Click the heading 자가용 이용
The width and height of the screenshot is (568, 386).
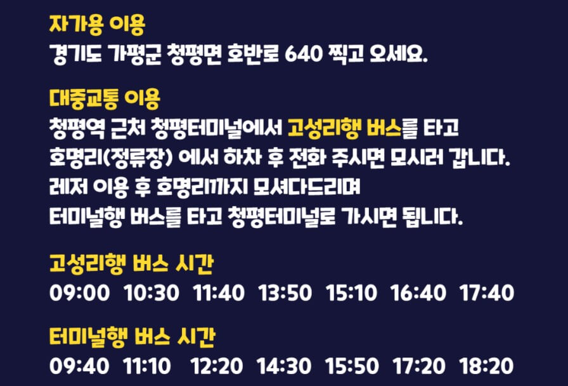(x=97, y=25)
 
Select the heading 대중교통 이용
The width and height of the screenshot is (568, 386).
(x=105, y=99)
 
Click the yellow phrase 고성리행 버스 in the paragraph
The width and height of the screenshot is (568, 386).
(x=345, y=128)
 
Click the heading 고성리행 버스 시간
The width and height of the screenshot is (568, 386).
(x=131, y=263)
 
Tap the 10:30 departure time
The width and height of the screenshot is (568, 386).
(x=152, y=293)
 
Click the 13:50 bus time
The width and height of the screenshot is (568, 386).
(x=285, y=293)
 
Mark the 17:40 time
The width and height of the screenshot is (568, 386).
(x=487, y=293)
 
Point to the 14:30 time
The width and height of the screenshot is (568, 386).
(x=284, y=367)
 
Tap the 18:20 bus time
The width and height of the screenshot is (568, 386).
(x=487, y=367)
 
